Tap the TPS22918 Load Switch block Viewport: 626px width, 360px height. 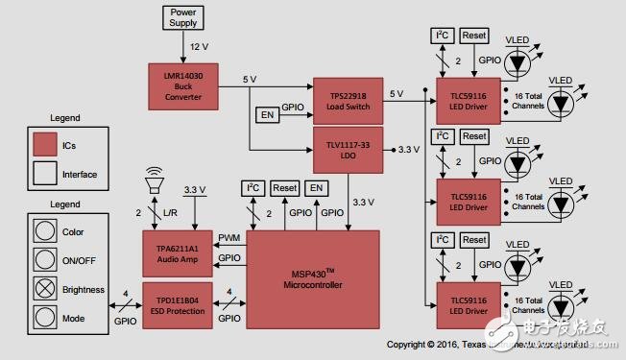point(348,100)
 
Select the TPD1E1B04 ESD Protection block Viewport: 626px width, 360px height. point(178,299)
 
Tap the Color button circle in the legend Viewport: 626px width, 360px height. point(44,231)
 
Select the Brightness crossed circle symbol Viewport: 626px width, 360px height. point(44,286)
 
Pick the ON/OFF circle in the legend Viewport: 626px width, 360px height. point(44,258)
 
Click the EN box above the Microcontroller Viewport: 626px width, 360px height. point(316,187)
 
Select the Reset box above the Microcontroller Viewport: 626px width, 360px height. point(284,187)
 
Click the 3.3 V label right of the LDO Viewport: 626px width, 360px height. point(410,150)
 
